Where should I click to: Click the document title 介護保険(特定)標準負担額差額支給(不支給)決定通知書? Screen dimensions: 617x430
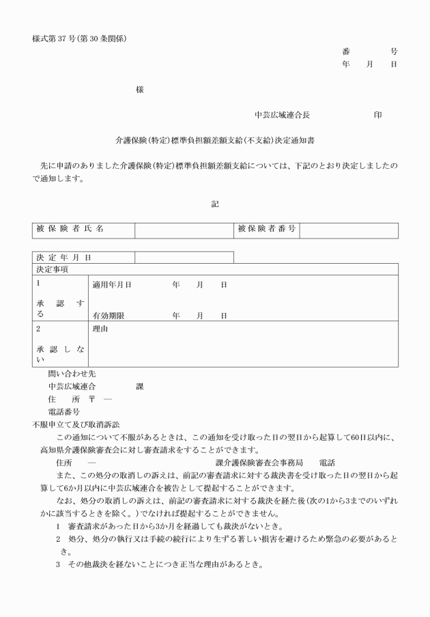(x=215, y=139)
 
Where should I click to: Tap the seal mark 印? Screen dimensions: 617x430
(x=377, y=115)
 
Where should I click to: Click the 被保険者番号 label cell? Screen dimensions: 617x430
(x=268, y=230)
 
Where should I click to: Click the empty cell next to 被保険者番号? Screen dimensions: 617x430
(x=349, y=230)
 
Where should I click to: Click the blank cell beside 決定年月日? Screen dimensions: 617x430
(x=184, y=258)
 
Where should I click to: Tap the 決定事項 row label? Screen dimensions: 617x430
(x=52, y=269)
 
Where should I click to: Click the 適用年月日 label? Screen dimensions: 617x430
(x=112, y=284)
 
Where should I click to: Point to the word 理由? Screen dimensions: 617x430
(x=100, y=329)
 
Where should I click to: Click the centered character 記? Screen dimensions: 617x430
(x=215, y=204)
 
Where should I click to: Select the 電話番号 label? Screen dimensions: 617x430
(x=63, y=412)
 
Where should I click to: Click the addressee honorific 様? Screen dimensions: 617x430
(x=139, y=90)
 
